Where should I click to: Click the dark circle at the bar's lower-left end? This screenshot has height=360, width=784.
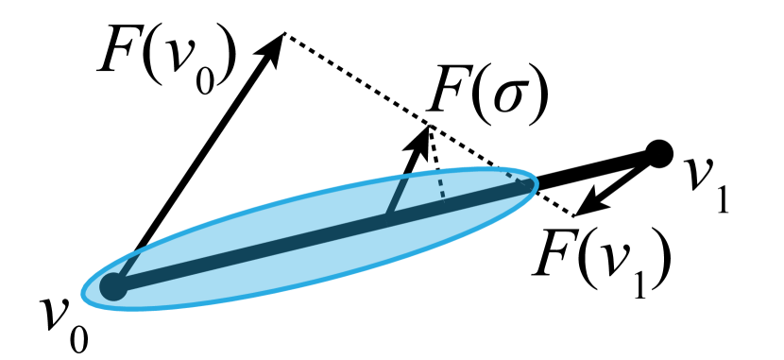113,285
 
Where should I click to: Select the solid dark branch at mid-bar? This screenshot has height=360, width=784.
396,197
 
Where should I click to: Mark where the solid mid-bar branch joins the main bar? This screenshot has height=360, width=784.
386,216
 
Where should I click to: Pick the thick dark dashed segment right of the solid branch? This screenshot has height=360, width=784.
441,185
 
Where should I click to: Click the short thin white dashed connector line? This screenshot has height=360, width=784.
434,146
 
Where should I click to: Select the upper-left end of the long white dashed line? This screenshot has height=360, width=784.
286,35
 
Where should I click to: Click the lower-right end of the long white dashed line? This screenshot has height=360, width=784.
572,214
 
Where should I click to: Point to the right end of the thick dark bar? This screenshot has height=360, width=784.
528,185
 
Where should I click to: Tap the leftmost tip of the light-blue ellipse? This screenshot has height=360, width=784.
80,293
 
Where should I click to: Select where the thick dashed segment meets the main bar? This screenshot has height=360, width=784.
444,201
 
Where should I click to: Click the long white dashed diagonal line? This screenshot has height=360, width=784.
359,81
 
